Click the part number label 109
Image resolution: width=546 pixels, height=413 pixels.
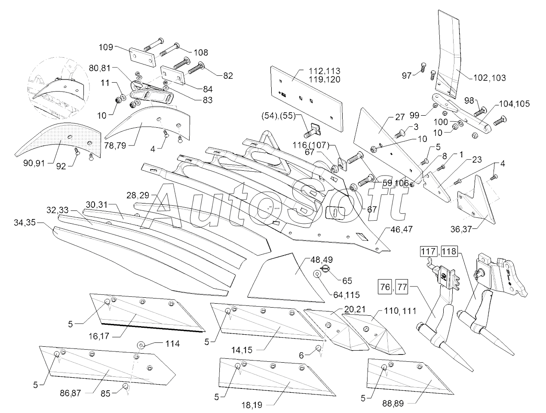(106, 47)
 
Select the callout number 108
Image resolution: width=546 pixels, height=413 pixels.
(201, 52)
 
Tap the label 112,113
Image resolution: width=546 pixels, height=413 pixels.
(324, 71)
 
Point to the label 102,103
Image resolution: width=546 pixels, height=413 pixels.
(489, 78)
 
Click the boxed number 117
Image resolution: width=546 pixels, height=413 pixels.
(429, 252)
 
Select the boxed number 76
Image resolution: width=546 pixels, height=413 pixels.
(385, 287)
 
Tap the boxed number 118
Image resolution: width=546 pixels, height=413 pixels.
(450, 252)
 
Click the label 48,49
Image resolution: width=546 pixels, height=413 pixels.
(322, 260)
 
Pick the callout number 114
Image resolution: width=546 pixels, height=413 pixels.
(172, 344)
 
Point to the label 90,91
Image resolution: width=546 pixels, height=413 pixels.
(34, 163)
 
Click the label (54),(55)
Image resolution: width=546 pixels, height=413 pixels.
(278, 116)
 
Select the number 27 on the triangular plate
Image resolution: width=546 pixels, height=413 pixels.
(400, 117)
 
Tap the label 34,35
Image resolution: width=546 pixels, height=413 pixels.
(25, 223)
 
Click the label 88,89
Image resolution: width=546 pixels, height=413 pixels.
(393, 404)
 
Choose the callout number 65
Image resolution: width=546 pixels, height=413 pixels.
(347, 281)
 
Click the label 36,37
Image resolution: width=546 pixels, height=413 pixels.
(461, 229)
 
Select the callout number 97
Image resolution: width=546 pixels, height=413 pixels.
(407, 76)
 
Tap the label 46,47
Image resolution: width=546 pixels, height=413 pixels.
(402, 229)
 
